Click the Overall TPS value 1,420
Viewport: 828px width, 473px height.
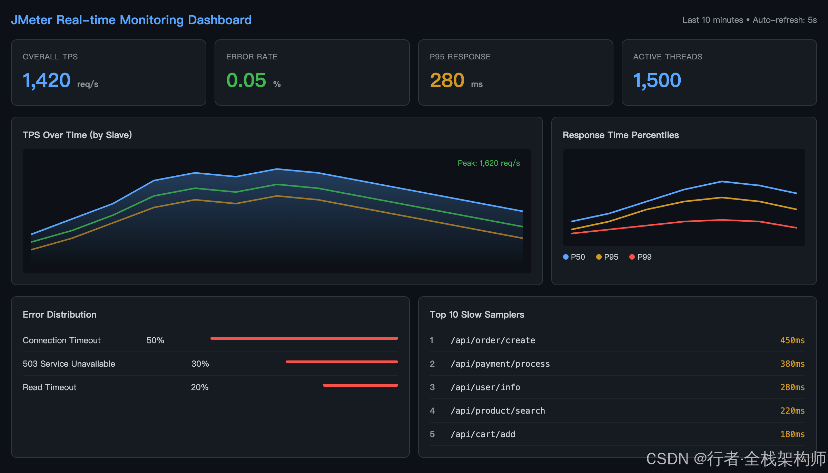click(x=47, y=80)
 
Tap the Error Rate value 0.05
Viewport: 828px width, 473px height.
click(x=246, y=80)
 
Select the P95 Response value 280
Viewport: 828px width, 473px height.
click(x=447, y=80)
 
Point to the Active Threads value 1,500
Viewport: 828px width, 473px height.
click(x=657, y=80)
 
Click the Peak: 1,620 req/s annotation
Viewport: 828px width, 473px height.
click(x=489, y=163)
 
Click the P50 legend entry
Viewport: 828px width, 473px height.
click(x=574, y=257)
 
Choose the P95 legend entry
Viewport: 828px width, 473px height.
click(x=607, y=257)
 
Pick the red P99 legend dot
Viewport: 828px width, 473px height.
click(x=632, y=257)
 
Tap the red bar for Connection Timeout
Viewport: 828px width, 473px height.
click(x=304, y=338)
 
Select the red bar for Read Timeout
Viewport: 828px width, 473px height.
click(x=361, y=385)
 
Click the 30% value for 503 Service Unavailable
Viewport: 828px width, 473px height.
click(x=200, y=364)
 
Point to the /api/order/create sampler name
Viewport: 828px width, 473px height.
click(x=493, y=340)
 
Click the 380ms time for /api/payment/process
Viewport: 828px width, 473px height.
click(x=792, y=364)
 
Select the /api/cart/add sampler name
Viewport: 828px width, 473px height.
click(x=483, y=434)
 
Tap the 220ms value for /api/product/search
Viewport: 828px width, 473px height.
click(x=792, y=411)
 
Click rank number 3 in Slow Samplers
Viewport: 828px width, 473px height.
click(x=432, y=387)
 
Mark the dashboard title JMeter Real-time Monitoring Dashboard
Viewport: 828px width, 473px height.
click(x=131, y=20)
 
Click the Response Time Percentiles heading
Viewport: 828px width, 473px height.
click(x=621, y=135)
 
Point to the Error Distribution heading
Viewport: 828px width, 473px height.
click(x=60, y=315)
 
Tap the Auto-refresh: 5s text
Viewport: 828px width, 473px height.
click(x=785, y=20)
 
